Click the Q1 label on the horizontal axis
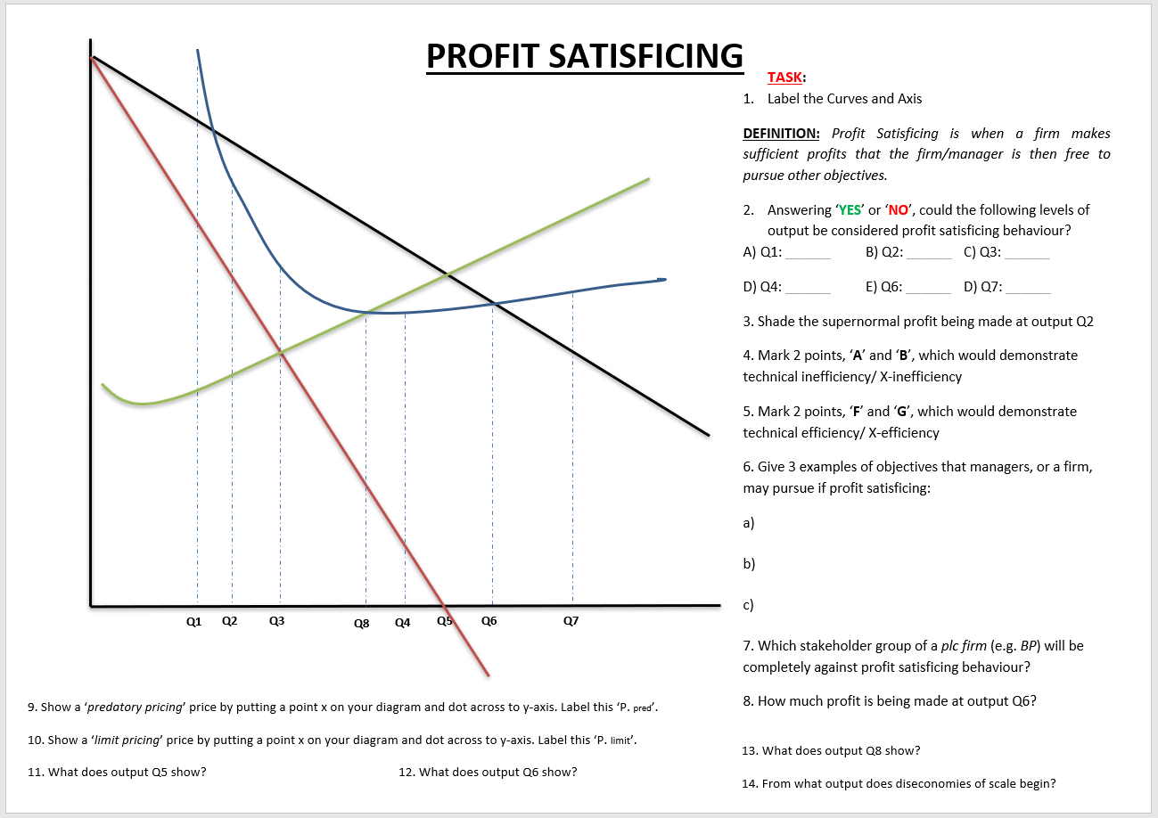click(193, 621)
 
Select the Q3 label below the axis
click(276, 621)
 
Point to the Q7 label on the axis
click(571, 621)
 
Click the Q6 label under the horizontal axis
click(489, 621)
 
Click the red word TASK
click(784, 78)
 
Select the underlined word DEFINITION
click(781, 134)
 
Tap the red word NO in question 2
click(899, 210)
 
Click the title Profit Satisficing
click(584, 56)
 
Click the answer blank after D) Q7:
click(1027, 288)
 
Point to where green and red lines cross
click(281, 354)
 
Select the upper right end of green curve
click(648, 179)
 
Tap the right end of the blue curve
click(664, 280)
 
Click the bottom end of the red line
click(489, 675)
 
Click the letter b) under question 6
click(749, 564)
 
